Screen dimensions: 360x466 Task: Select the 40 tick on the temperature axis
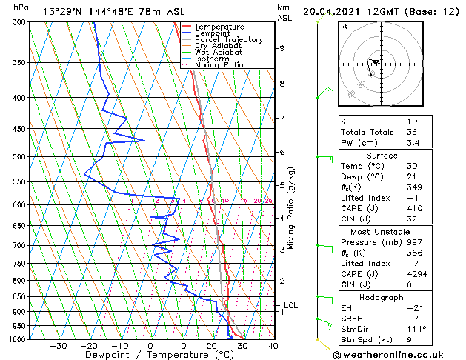click(x=273, y=345)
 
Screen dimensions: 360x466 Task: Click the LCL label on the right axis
click(x=291, y=305)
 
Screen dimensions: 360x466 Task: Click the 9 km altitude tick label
click(x=282, y=48)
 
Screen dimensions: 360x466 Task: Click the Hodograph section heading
click(x=382, y=297)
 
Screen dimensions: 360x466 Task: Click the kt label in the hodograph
click(x=344, y=26)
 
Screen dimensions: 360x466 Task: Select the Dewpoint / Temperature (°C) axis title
click(x=151, y=355)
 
